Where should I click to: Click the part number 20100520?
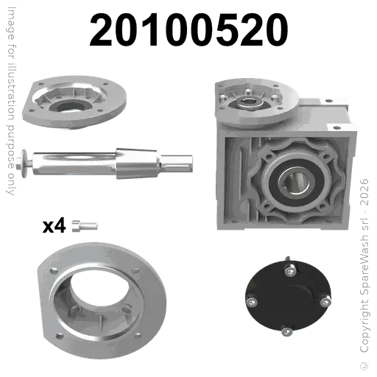[x=188, y=29]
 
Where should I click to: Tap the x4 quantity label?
[x=54, y=226]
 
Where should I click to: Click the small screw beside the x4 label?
[x=85, y=226]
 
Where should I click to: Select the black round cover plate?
[x=288, y=296]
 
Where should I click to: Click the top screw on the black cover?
[x=290, y=270]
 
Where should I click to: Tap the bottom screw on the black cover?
[x=286, y=331]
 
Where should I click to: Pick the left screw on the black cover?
[x=252, y=302]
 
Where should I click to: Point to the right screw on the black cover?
[x=325, y=301]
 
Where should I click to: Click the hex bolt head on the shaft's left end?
[x=18, y=163]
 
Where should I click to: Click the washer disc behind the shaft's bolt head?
[x=24, y=163]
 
